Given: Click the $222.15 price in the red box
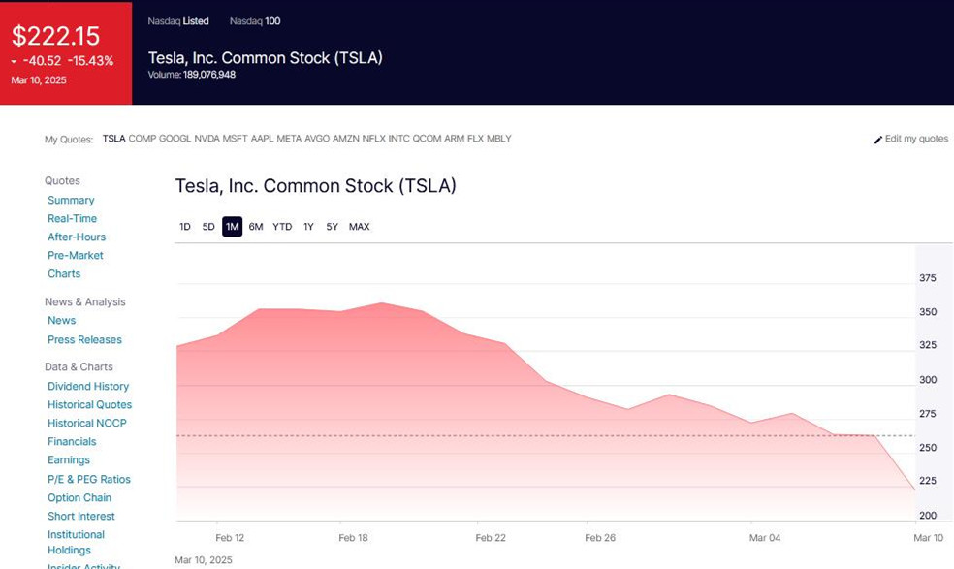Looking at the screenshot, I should [55, 36].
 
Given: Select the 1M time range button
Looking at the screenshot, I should [232, 227].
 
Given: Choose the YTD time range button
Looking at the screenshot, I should [282, 227].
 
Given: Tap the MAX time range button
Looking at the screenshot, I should [359, 227].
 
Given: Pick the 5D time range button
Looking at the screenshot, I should [208, 227].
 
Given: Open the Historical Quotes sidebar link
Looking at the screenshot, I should [89, 405].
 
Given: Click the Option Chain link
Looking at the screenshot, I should [79, 498].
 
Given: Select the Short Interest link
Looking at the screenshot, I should [81, 517].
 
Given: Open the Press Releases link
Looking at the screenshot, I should [84, 340].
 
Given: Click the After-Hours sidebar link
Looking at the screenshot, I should [77, 237].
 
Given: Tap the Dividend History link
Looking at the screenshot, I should [88, 387].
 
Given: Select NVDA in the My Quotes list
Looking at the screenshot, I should [207, 139].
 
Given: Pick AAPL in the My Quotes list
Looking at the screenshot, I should [262, 139].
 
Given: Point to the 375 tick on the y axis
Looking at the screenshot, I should [928, 278].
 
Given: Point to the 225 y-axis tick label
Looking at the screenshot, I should [928, 481].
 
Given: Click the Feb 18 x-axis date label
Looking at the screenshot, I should [353, 538].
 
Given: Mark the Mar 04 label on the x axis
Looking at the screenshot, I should [765, 538].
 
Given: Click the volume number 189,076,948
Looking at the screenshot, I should [209, 75].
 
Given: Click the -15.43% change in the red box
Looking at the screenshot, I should [90, 61].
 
